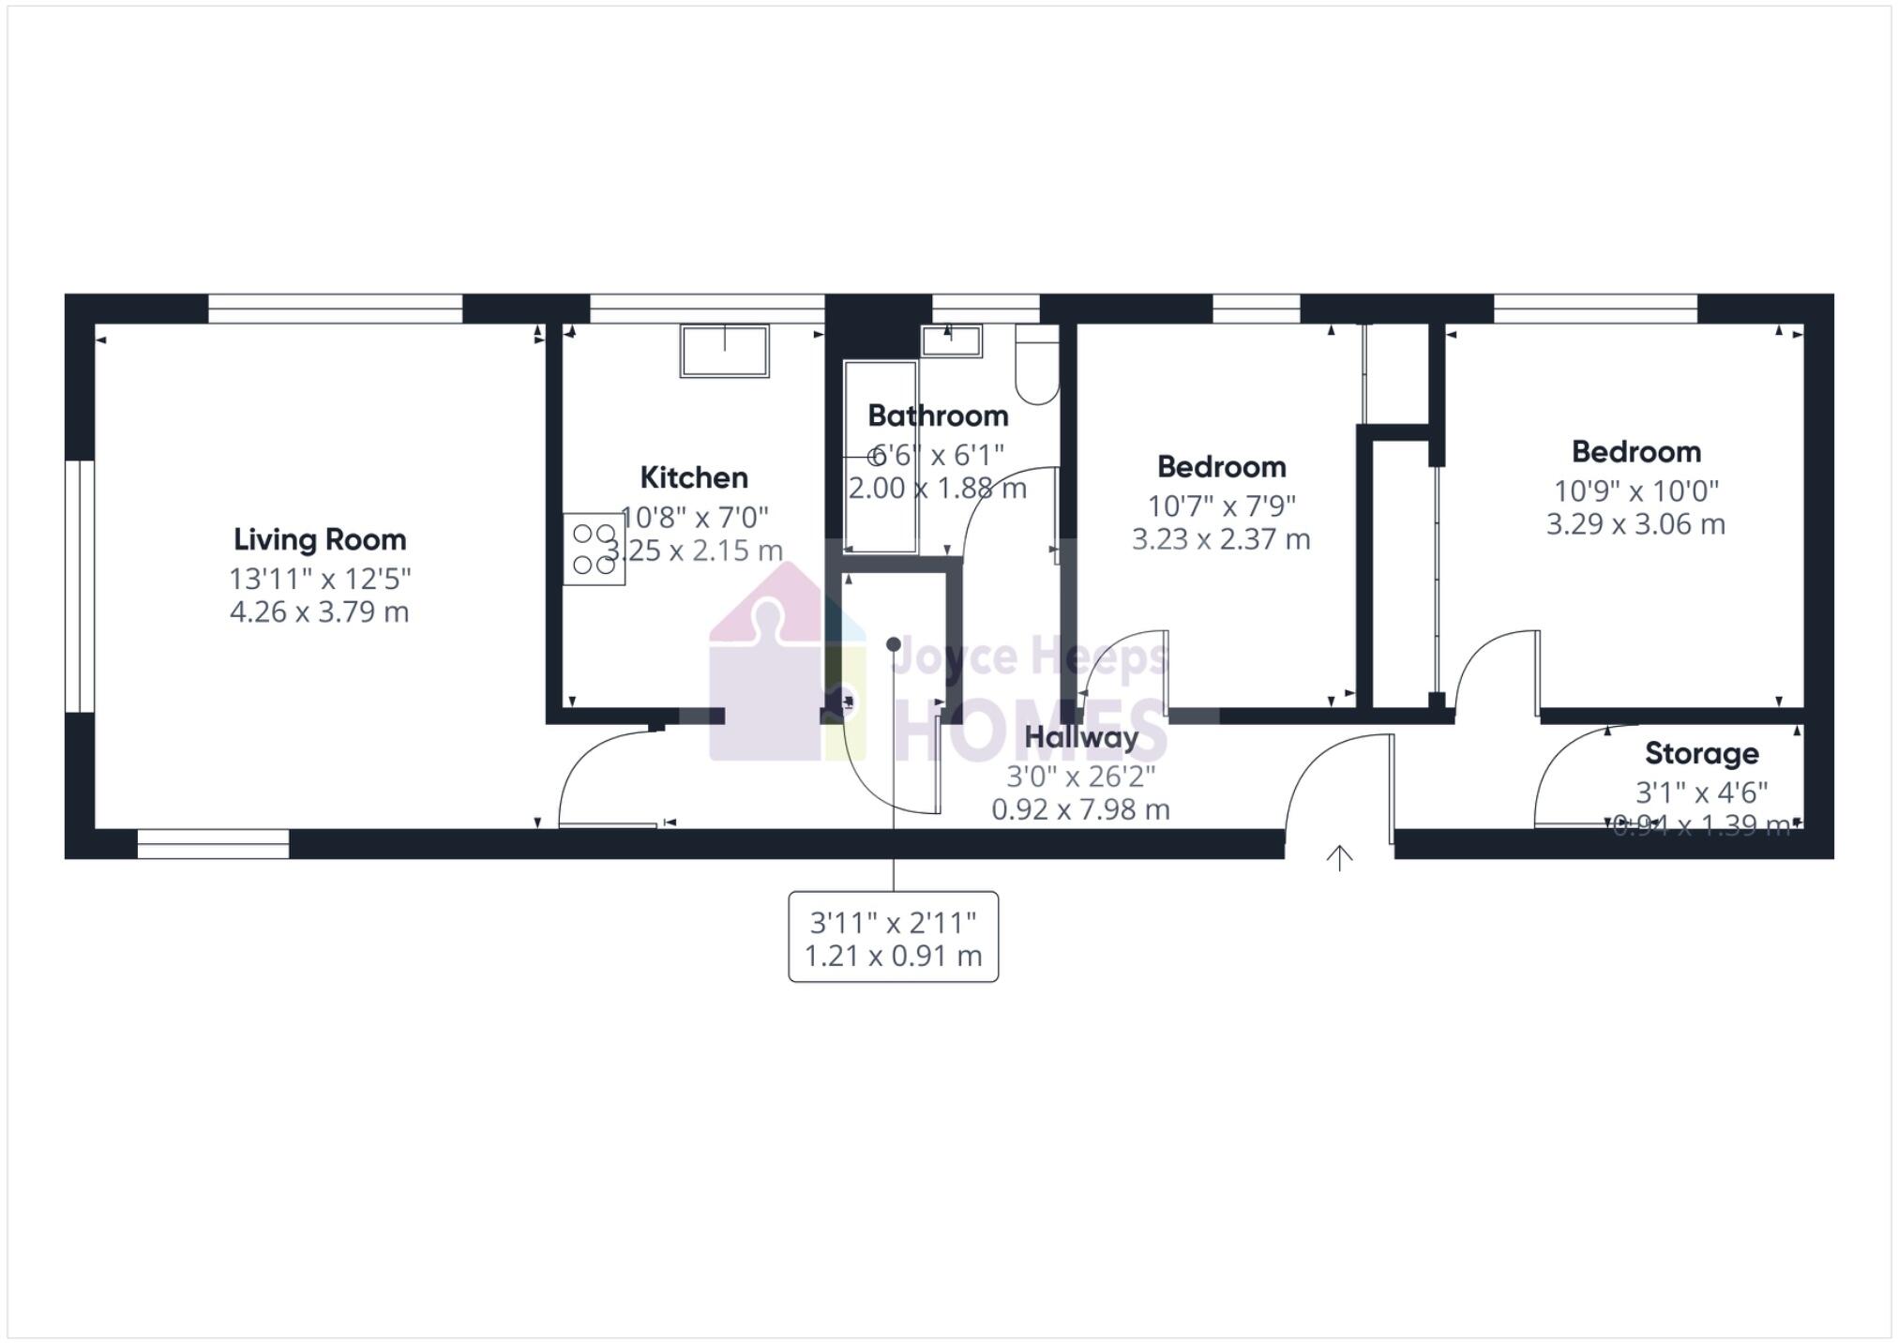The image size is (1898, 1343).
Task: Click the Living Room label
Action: click(320, 539)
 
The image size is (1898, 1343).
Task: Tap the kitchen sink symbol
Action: click(724, 351)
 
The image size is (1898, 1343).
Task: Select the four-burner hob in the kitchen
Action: click(594, 549)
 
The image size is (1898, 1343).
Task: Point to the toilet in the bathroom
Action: click(1037, 366)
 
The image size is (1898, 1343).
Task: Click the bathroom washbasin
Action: click(951, 340)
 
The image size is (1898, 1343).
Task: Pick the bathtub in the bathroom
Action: click(880, 457)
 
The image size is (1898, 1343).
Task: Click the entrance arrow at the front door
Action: click(1339, 857)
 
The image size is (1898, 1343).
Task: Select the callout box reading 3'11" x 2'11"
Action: click(893, 937)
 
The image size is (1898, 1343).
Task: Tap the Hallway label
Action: click(1080, 737)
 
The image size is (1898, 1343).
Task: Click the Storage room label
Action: click(1701, 753)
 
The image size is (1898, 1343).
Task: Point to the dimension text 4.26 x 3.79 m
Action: click(320, 612)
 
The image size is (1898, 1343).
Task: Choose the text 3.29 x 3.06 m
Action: click(1635, 524)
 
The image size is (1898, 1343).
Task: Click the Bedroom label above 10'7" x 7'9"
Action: click(1221, 466)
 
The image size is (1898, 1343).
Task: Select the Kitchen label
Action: click(694, 477)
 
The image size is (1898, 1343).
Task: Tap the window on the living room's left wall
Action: click(80, 585)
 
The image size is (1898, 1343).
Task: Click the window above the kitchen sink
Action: click(706, 309)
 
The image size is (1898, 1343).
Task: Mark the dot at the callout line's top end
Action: click(894, 644)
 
